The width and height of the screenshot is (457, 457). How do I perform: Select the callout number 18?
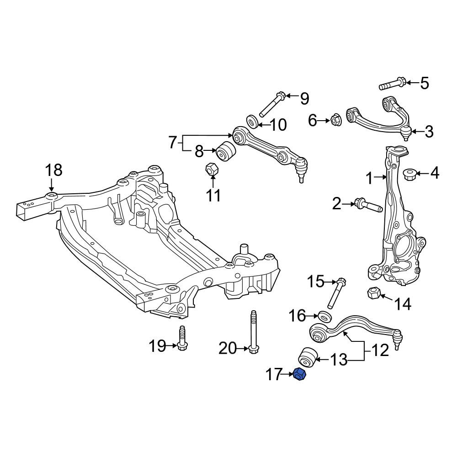click(54, 170)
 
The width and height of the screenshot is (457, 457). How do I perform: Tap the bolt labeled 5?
click(392, 84)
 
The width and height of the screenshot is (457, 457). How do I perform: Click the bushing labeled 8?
click(225, 151)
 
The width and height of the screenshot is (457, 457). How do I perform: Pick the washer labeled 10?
click(252, 121)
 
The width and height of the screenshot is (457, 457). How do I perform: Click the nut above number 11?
click(213, 170)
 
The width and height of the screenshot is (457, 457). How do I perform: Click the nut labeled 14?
click(374, 293)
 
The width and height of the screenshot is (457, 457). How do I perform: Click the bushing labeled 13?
click(308, 358)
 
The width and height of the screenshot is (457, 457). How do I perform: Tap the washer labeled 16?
click(325, 317)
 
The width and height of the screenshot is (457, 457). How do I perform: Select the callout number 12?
click(380, 350)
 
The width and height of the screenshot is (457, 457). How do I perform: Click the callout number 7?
click(173, 143)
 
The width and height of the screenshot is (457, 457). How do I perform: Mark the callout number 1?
click(369, 178)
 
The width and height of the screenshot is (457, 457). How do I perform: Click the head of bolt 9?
click(281, 96)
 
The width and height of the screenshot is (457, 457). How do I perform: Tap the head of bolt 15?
click(341, 282)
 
